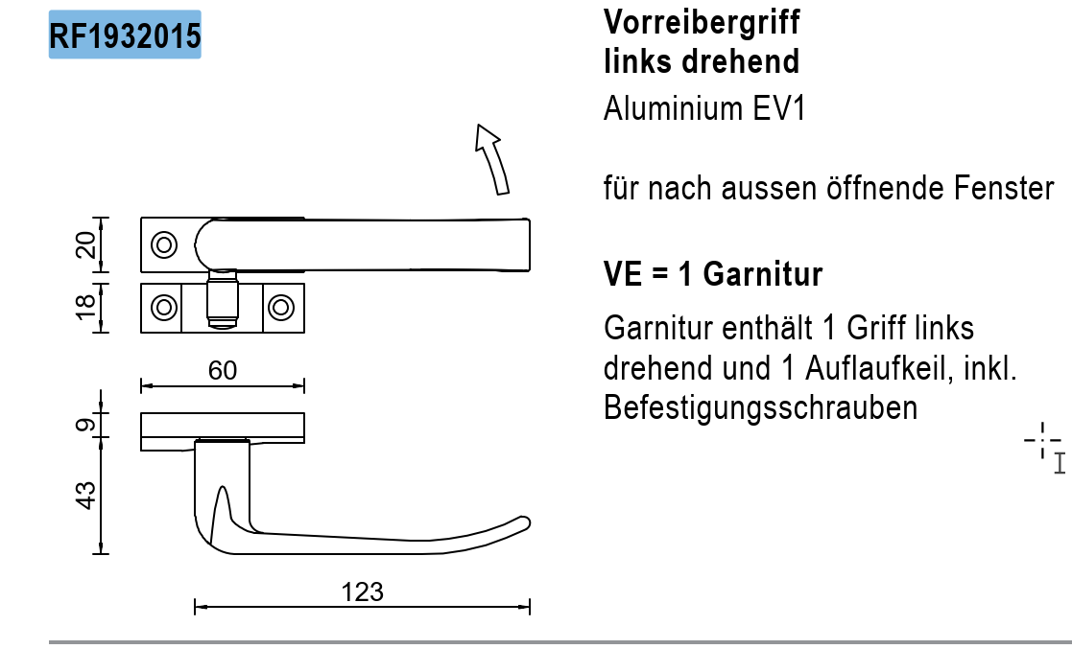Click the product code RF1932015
(125, 36)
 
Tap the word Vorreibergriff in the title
(702, 21)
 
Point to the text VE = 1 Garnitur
(713, 275)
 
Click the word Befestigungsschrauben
(760, 407)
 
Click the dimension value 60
(223, 370)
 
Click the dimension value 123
(363, 592)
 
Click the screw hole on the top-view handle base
(164, 244)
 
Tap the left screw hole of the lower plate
(164, 308)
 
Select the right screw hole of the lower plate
(280, 308)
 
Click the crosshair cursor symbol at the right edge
(1042, 442)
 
